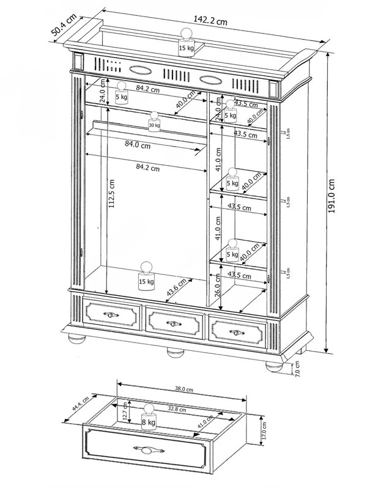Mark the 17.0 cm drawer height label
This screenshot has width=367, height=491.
[264, 433]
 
